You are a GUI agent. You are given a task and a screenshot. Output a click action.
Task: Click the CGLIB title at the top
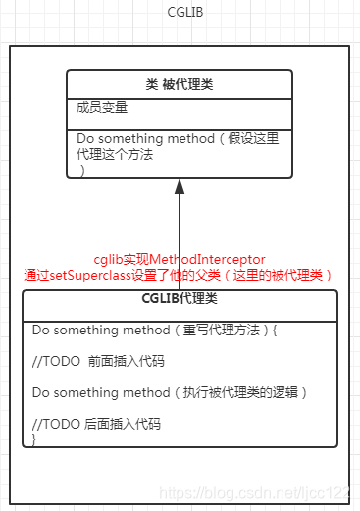[x=180, y=14]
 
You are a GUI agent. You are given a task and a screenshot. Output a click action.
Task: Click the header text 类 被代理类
[x=180, y=84]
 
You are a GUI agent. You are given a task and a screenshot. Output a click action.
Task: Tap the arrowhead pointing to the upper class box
[x=180, y=183]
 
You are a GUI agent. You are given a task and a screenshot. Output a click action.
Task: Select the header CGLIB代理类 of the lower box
[x=180, y=299]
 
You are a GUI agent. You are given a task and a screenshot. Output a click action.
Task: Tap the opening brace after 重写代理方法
[x=275, y=331]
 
